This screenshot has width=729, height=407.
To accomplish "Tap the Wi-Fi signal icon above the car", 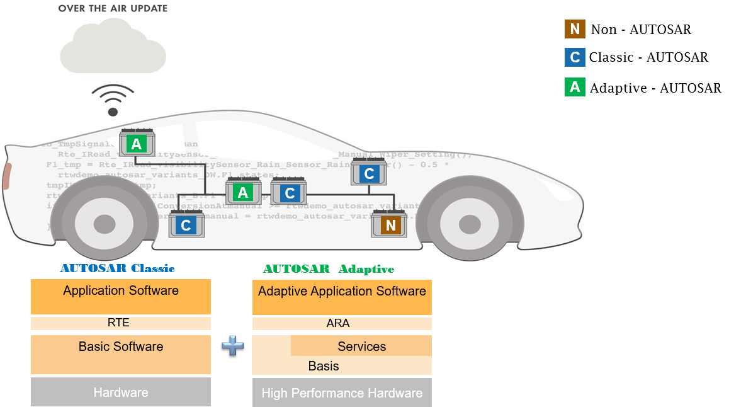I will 113,100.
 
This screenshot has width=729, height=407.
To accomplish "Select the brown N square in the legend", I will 574,29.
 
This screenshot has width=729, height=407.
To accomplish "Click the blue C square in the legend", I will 574,57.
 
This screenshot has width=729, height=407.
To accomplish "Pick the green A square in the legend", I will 574,87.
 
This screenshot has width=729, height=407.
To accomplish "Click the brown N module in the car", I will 391,225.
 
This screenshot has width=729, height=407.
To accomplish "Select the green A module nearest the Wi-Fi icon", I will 137,144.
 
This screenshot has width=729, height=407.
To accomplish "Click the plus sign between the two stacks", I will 232,346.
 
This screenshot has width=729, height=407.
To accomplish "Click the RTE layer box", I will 120,323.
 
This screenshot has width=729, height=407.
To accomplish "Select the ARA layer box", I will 342,323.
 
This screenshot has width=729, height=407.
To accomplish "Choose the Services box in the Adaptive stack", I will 361,346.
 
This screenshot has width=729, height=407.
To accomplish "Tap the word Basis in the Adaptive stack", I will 324,366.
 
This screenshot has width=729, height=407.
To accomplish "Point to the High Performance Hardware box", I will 342,393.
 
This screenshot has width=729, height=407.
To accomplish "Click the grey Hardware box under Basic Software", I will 120,392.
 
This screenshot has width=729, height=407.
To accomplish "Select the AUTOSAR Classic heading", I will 117,268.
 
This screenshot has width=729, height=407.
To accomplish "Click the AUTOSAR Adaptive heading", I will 328,269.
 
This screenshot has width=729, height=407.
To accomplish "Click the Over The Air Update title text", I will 113,8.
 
